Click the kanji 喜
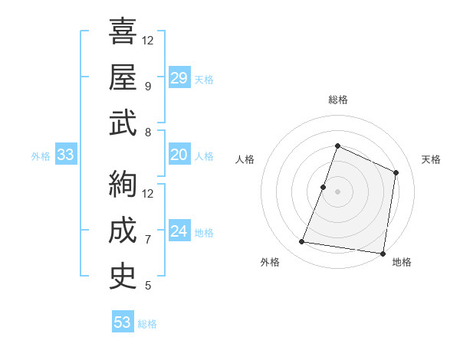(123, 32)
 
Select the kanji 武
(123, 123)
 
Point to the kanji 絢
(123, 184)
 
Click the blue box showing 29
(179, 78)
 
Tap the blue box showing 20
(179, 155)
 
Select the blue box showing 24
(179, 231)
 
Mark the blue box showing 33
(65, 155)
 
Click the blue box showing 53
(123, 322)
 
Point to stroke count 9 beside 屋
(148, 87)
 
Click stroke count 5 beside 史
(148, 286)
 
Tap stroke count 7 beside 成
(148, 240)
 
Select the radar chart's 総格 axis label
(337, 100)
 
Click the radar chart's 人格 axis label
(245, 159)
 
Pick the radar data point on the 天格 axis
(396, 172)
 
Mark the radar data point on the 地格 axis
(383, 254)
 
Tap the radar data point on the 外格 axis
(302, 242)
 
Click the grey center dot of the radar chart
(337, 191)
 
